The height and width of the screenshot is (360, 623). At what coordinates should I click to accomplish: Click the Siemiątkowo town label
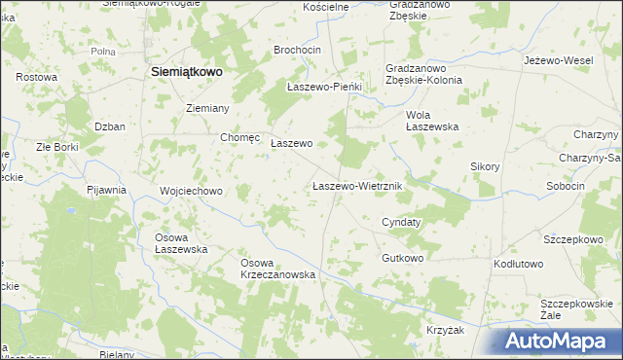187,71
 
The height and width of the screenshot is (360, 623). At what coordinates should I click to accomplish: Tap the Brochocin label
298,49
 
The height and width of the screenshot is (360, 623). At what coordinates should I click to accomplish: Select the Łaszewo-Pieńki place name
325,87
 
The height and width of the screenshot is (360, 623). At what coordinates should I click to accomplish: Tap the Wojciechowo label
192,191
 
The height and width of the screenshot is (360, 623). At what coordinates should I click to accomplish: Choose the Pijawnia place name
106,190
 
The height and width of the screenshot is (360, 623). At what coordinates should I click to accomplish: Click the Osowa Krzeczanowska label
278,269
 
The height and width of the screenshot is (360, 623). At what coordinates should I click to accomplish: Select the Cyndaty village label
401,222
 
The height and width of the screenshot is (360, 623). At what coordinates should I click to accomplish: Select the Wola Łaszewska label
431,121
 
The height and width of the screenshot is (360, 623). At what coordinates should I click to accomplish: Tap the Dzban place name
110,126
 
